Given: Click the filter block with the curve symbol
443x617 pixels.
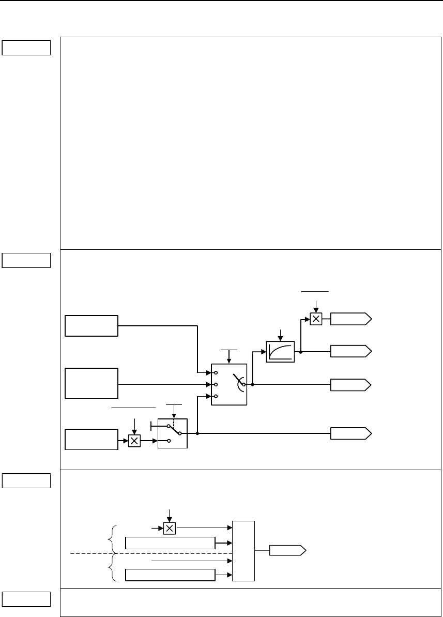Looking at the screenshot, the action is click(x=280, y=352).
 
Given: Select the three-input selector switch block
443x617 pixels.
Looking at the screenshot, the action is click(x=230, y=384).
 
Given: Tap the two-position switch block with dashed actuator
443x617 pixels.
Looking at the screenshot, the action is click(x=173, y=433).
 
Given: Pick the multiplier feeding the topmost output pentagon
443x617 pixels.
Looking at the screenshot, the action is click(x=316, y=319).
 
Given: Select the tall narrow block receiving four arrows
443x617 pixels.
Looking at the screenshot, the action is click(x=244, y=551).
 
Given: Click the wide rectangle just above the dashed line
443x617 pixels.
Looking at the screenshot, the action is click(x=171, y=543).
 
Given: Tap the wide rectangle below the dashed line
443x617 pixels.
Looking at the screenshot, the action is click(x=171, y=575).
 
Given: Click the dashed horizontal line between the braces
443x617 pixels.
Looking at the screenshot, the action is click(x=150, y=553).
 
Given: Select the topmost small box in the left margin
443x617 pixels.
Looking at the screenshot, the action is click(x=26, y=48).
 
